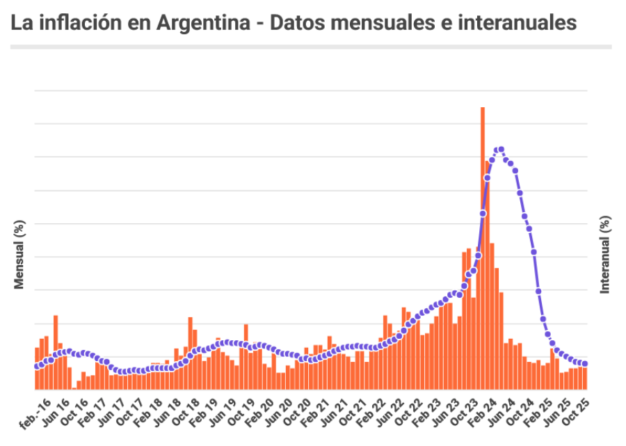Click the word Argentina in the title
202,22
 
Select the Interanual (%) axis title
605,255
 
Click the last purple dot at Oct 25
585,364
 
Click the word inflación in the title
78,22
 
